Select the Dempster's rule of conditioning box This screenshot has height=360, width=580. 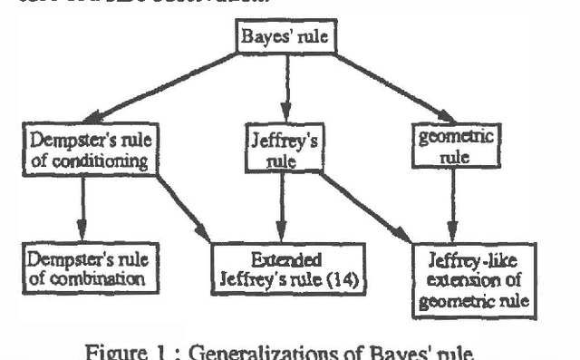[x=91, y=150]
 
